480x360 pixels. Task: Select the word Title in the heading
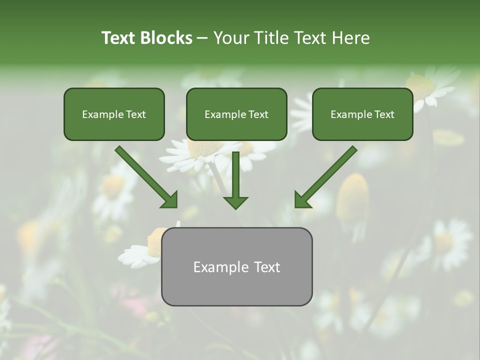pos(273,38)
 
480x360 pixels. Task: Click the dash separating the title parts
pos(202,39)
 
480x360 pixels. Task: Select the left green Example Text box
pos(114,114)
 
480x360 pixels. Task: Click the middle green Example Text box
pos(236,114)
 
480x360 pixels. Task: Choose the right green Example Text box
pos(362,114)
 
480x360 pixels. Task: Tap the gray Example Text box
pos(236,266)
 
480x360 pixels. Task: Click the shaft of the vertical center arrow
pos(235,172)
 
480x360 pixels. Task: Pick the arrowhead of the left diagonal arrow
pos(169,200)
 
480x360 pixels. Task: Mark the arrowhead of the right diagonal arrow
pos(302,200)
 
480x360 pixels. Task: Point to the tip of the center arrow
pos(235,207)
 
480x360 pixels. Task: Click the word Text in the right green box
pos(384,114)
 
